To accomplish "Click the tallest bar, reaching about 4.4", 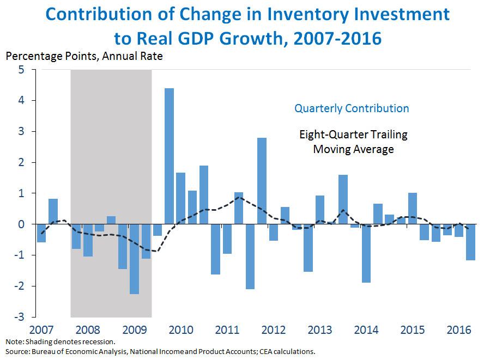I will pyautogui.click(x=169, y=156).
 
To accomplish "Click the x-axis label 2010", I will pyautogui.click(x=180, y=330).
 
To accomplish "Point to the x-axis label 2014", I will pyautogui.click(x=366, y=330).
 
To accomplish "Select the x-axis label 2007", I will pyautogui.click(x=41, y=330).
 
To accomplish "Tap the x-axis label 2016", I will pyautogui.click(x=459, y=330).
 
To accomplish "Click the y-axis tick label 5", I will pyautogui.click(x=21, y=70).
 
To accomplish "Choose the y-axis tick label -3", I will pyautogui.click(x=20, y=317).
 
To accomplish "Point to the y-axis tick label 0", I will pyautogui.click(x=21, y=224).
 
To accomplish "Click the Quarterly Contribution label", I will pyautogui.click(x=352, y=108).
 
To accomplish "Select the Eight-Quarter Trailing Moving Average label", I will pyautogui.click(x=353, y=142).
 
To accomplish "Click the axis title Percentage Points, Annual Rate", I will pyautogui.click(x=84, y=56).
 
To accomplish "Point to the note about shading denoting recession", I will pyautogui.click(x=60, y=342).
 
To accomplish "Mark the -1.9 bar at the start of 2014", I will pyautogui.click(x=366, y=253).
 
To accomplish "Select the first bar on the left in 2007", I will pyautogui.click(x=41, y=233).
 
